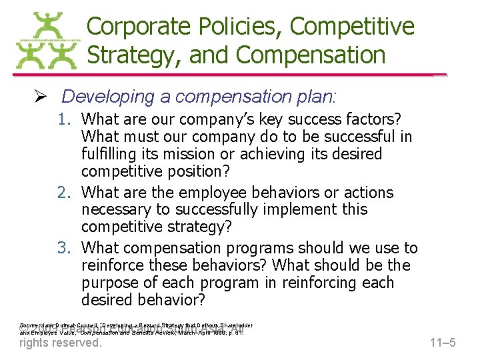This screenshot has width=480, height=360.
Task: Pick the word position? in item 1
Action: pyautogui.click(x=195, y=171)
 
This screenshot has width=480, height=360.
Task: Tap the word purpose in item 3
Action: pyautogui.click(x=111, y=283)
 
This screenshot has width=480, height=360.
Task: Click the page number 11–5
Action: pyautogui.click(x=441, y=343)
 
